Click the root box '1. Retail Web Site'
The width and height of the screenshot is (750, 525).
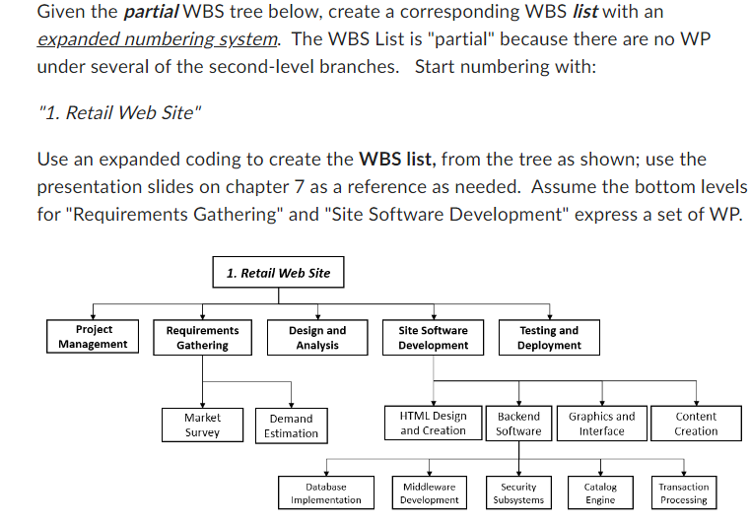[x=279, y=272]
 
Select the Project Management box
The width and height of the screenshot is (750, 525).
[x=93, y=337]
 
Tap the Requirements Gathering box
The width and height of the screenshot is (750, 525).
[x=202, y=338]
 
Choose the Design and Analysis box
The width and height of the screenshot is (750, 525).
[x=317, y=338]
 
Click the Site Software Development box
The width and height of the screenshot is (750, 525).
[x=433, y=338]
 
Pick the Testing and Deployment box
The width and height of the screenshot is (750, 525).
[x=548, y=338]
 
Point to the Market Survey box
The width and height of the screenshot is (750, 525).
[x=202, y=425]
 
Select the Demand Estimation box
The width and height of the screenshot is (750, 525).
[x=291, y=426]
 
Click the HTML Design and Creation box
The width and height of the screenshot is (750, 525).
[x=433, y=424]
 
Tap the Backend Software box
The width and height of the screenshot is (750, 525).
[x=518, y=424]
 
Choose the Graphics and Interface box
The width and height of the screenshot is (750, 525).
[x=601, y=424]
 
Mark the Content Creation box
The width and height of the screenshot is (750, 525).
[x=696, y=424]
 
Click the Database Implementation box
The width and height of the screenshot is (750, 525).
[x=326, y=493]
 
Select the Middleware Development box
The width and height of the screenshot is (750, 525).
[x=429, y=493]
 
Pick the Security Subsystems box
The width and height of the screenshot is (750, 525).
[x=518, y=493]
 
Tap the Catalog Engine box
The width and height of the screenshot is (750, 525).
[x=600, y=493]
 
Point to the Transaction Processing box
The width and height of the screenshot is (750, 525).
[x=683, y=493]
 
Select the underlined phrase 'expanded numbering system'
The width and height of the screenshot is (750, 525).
[x=158, y=39]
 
